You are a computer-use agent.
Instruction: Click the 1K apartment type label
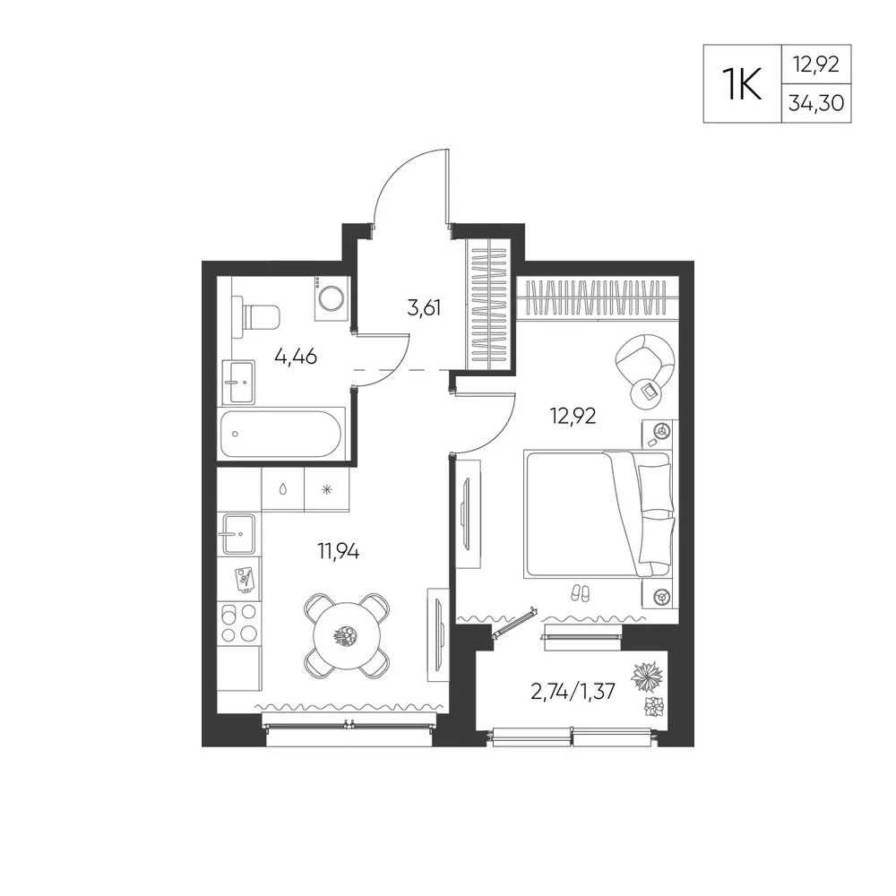(x=742, y=83)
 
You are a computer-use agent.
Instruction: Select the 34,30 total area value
(x=816, y=103)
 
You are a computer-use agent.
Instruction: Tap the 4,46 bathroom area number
(x=296, y=357)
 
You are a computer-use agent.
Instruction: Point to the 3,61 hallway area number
(x=424, y=308)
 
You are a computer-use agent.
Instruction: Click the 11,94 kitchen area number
(x=339, y=551)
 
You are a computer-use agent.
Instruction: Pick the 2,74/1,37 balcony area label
(x=573, y=692)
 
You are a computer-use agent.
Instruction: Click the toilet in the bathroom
(x=256, y=316)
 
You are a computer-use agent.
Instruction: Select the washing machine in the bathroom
(x=331, y=297)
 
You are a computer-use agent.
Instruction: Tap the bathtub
(x=281, y=434)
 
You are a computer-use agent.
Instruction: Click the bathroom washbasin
(x=238, y=382)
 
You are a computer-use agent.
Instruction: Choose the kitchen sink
(x=239, y=534)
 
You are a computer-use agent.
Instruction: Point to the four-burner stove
(x=239, y=624)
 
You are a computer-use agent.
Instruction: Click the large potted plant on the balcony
(x=648, y=677)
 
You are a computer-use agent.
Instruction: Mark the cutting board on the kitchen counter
(x=245, y=580)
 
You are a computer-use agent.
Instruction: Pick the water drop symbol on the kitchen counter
(x=282, y=490)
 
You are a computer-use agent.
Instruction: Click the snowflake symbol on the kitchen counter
(x=326, y=490)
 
